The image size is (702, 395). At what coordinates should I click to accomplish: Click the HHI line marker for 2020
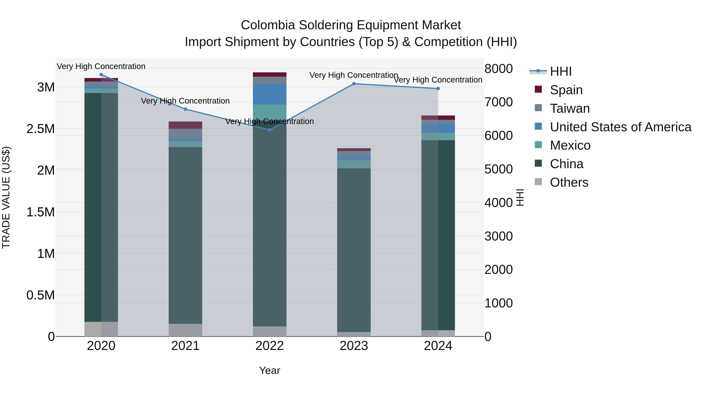[101, 75]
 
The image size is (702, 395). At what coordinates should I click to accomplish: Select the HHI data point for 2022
[269, 130]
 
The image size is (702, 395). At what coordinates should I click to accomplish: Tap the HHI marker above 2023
[354, 84]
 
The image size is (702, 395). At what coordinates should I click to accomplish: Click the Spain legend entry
[566, 90]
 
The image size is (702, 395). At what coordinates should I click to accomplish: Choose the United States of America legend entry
[620, 127]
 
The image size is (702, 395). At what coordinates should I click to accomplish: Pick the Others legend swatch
[538, 182]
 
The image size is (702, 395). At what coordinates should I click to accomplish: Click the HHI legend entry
[561, 71]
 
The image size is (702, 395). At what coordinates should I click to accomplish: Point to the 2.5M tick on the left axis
[41, 129]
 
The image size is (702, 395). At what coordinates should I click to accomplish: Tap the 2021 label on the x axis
[185, 346]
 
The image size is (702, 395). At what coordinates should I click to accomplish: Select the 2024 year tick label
[438, 346]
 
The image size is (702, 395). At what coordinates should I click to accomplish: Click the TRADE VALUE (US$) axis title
[6, 197]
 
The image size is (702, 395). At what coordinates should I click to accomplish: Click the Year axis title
[269, 370]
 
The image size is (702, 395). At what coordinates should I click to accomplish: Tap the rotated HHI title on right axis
[520, 197]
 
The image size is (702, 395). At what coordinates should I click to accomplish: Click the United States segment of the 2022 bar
[269, 94]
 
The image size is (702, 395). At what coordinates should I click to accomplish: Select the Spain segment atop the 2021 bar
[185, 125]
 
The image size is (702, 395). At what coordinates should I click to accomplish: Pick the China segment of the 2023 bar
[354, 249]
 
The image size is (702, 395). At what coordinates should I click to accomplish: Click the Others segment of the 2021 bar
[185, 330]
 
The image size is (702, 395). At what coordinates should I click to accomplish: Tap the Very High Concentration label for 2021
[185, 101]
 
